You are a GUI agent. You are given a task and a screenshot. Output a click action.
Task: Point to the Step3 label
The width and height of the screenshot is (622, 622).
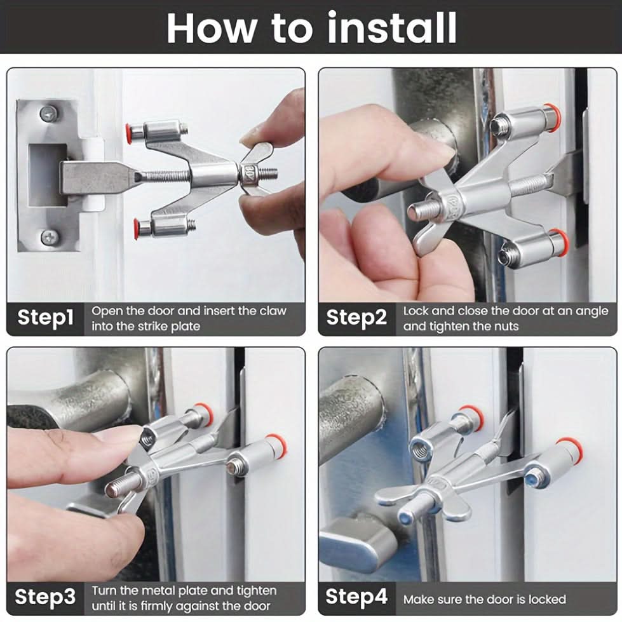click(45, 597)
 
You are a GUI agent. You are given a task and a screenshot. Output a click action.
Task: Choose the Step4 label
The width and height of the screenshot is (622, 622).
click(356, 597)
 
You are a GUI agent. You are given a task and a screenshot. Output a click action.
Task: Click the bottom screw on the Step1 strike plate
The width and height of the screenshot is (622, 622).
click(50, 237)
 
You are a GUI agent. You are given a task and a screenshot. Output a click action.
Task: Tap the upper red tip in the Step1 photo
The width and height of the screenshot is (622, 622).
click(128, 130)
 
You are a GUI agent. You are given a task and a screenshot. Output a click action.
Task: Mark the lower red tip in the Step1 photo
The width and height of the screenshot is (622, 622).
click(137, 228)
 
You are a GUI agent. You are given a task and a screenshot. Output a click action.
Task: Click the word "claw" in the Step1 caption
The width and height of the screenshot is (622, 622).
click(273, 311)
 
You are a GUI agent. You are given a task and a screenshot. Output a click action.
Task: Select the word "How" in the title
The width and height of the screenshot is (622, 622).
click(211, 28)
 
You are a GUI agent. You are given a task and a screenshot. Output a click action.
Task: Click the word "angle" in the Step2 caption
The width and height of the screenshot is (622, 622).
click(592, 312)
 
